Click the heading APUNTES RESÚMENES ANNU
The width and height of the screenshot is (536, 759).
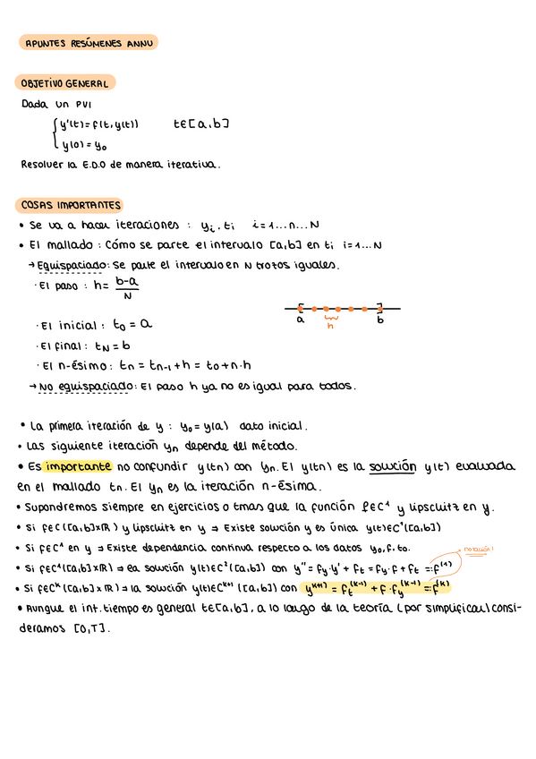pyautogui.click(x=89, y=42)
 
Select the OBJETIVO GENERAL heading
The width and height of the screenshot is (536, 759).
pyautogui.click(x=64, y=83)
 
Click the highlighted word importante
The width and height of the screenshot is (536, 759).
pyautogui.click(x=79, y=466)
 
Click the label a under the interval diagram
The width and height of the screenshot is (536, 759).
pyautogui.click(x=301, y=320)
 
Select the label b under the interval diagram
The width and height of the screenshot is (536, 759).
pyautogui.click(x=380, y=320)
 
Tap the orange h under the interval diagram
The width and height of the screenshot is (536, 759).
pyautogui.click(x=330, y=326)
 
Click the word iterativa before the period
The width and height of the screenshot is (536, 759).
pyautogui.click(x=191, y=165)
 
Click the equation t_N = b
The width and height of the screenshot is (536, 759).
pyautogui.click(x=113, y=345)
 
